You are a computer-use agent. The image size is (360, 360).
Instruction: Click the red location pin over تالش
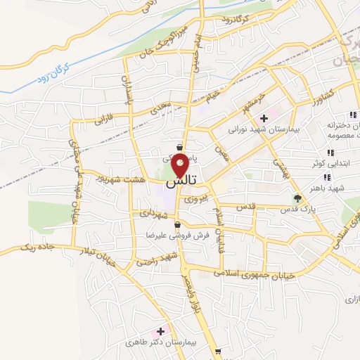(180, 165)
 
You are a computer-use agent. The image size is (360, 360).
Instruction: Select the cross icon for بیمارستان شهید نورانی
(264, 118)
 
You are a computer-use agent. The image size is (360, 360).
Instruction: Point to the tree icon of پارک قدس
(297, 198)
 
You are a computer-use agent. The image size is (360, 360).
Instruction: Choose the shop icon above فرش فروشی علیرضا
(186, 225)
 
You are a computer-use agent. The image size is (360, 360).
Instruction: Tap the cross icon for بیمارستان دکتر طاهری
(162, 330)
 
